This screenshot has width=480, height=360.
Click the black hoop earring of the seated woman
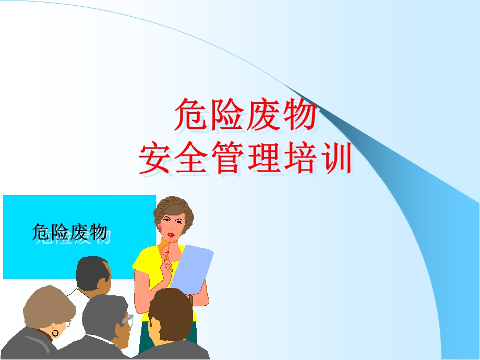coord(56,332)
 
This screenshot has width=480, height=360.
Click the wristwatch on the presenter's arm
coord(191,301)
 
